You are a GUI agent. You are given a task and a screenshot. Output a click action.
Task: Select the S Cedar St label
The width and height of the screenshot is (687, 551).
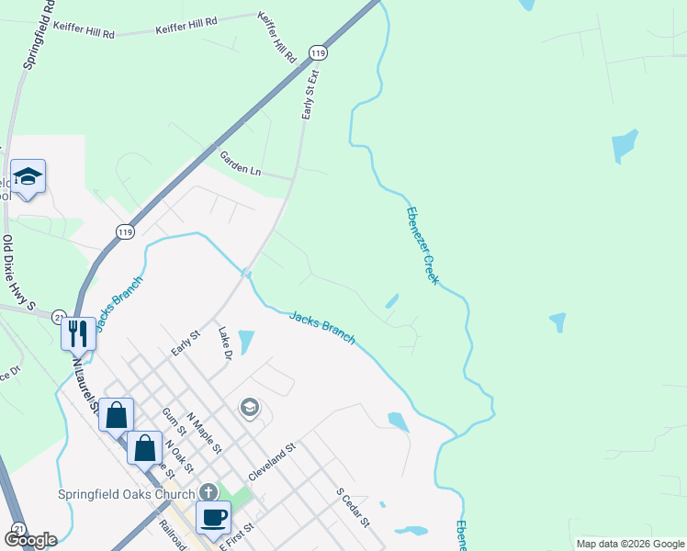352,507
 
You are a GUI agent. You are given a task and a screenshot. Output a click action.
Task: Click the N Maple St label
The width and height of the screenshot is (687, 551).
203,433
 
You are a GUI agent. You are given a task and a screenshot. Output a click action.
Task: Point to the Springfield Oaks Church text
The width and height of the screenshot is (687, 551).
126,493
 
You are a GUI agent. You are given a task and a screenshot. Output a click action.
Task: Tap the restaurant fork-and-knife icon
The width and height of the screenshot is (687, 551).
78,332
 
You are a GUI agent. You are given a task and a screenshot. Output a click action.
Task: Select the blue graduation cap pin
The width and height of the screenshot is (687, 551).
28,176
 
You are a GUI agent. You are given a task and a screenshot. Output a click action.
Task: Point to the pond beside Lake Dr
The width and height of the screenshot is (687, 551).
245,342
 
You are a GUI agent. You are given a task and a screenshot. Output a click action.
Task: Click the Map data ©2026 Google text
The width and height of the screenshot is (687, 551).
630,544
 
